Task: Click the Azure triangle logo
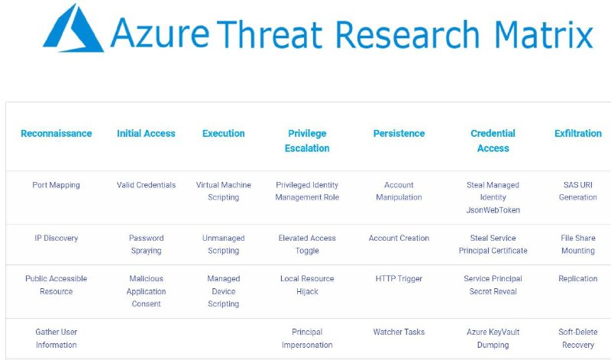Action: [73, 28]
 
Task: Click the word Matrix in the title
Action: [544, 34]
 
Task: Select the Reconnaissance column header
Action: [56, 134]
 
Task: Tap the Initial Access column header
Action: [146, 134]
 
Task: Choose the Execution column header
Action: [223, 134]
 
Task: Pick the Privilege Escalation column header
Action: [307, 141]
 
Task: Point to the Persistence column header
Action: [399, 134]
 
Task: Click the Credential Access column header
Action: [493, 141]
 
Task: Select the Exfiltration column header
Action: [578, 134]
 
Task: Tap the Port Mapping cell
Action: [56, 185]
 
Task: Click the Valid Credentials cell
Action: [146, 185]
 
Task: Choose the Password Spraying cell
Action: [146, 244]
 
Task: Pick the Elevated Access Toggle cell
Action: [307, 244]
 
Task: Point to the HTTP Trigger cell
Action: [399, 278]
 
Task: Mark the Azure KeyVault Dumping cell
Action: [493, 338]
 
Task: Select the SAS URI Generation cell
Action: [578, 191]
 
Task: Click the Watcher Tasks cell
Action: [399, 332]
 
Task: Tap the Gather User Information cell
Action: [56, 338]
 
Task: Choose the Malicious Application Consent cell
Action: [146, 291]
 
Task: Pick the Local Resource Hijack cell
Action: [307, 285]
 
